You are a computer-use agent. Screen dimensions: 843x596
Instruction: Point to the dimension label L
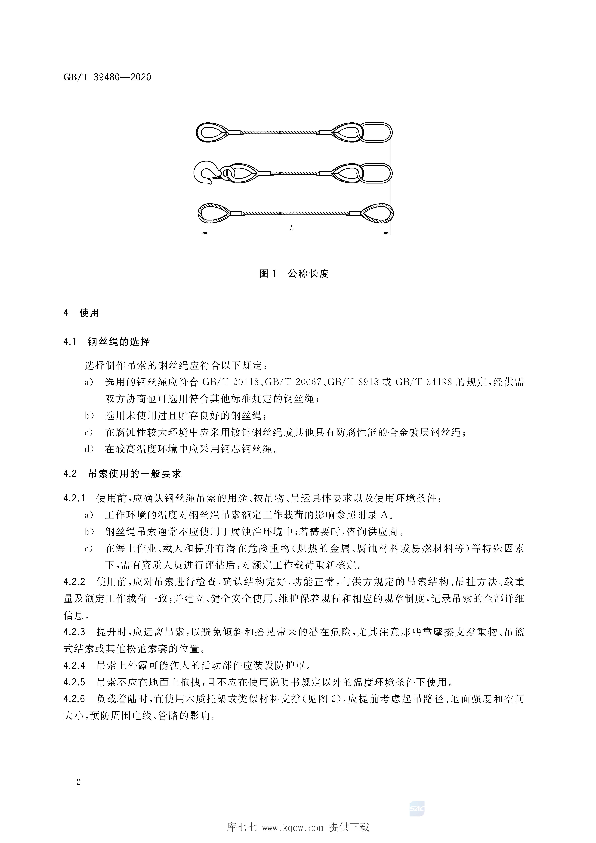click(292, 228)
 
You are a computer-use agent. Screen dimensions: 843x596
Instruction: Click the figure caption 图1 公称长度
click(294, 274)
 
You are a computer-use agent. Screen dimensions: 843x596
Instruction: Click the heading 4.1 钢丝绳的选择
click(106, 342)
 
